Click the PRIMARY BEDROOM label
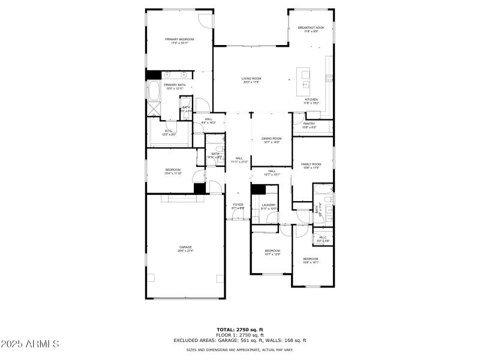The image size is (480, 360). coord(180,39)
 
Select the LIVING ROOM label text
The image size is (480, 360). coord(251,79)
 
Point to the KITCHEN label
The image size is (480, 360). coord(311,100)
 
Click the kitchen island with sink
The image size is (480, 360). coord(304,77)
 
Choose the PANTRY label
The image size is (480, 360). coord(309,124)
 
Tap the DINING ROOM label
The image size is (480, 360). coord(271,139)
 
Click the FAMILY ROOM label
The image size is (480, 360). coord(311,164)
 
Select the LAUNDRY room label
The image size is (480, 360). coord(268,205)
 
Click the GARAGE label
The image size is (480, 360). coord(185,247)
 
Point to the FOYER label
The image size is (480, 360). coord(238,205)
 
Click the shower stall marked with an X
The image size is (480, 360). coord(154,110)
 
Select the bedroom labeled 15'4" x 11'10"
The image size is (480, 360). coord(173,170)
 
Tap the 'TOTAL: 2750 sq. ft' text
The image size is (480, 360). coord(239,330)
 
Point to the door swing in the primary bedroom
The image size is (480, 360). coord(206,19)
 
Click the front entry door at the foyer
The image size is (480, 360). coord(238,220)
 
